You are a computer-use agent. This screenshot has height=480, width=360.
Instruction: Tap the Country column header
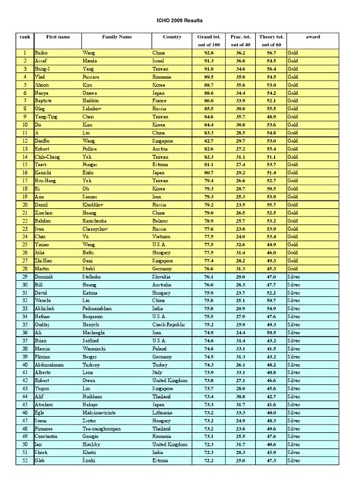click(172, 36)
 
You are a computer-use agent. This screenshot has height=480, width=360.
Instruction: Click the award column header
click(312, 36)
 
